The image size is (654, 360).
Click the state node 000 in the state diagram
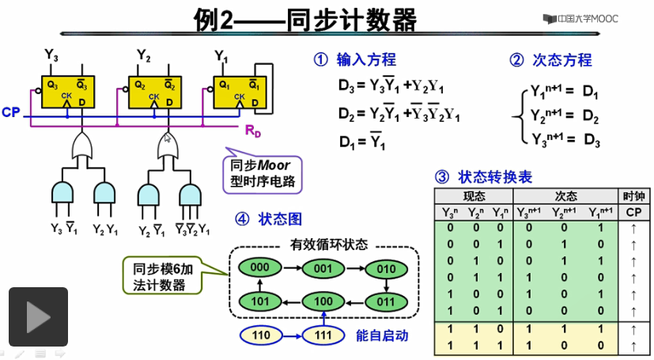point(260,267)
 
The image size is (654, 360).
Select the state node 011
point(385,301)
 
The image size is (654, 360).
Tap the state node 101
point(260,301)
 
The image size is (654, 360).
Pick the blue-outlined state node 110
point(260,335)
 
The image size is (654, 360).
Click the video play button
point(38,317)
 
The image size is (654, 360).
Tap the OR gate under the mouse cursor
point(167,146)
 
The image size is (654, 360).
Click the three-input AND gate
point(191,195)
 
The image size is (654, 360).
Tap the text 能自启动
point(382,335)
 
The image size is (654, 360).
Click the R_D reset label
point(252,131)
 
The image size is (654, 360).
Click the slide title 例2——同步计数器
point(304,20)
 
